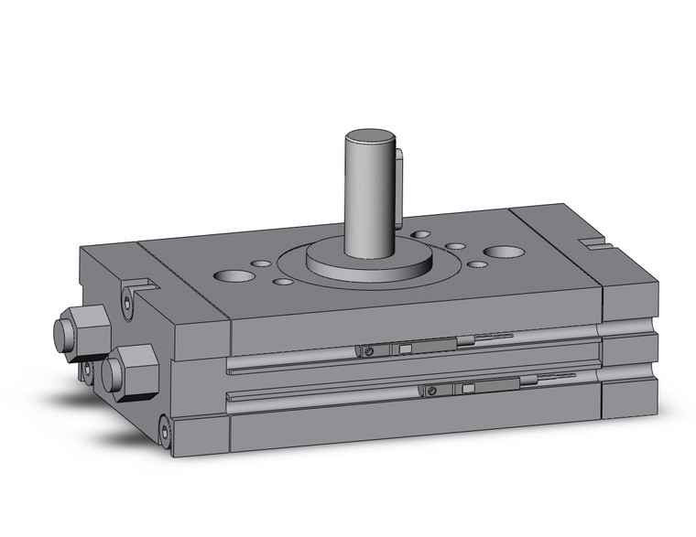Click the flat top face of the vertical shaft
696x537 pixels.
[370, 138]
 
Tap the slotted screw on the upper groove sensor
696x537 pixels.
[368, 351]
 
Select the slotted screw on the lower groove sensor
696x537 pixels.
[430, 392]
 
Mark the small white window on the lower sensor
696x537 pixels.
[468, 389]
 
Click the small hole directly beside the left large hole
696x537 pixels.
[262, 264]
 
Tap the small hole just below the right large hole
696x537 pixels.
[476, 264]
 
